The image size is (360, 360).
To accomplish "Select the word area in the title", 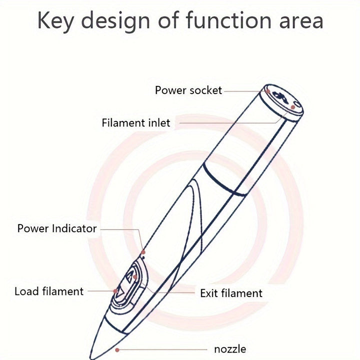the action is click(301, 22).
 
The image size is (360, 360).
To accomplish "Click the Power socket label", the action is click(188, 90).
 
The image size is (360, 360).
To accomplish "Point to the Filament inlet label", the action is click(136, 123).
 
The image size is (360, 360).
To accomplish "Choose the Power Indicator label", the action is click(57, 228).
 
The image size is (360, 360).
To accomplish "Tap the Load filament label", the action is click(49, 291).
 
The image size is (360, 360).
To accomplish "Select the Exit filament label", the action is click(231, 293).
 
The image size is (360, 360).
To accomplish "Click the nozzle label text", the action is click(230, 349).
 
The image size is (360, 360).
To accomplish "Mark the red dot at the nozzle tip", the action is click(117, 350).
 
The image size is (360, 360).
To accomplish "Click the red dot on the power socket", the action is click(268, 91).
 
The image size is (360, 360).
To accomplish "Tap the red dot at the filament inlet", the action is click(293, 107).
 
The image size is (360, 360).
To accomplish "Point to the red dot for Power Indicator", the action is click(143, 252).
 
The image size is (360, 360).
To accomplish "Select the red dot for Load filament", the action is click(115, 291).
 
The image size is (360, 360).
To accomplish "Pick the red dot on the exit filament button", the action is click(135, 277).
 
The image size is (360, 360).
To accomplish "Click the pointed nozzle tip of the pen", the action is click(91, 358).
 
